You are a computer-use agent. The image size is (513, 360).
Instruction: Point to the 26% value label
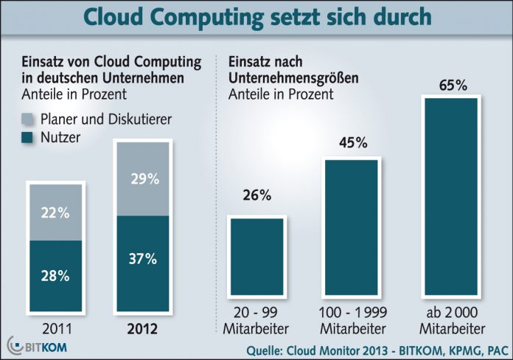pos(256,196)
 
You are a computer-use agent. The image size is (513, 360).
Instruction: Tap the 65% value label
pos(451,86)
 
